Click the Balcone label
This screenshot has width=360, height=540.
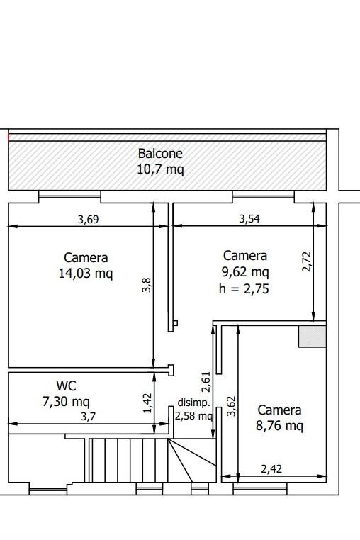[x=160, y=154]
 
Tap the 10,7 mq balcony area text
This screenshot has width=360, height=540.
[x=160, y=169]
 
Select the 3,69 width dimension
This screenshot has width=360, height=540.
[x=88, y=220]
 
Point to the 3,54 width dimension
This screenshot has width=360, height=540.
[x=249, y=219]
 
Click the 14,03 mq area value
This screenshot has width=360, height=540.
[x=86, y=274]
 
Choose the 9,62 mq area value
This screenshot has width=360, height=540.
[x=245, y=271]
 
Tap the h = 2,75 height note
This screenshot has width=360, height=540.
[x=244, y=288]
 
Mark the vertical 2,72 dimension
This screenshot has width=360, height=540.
[x=306, y=261]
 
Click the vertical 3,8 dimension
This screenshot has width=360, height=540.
[x=147, y=285]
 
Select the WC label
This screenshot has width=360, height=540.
[x=66, y=386]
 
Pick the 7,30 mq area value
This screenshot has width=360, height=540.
[x=66, y=402]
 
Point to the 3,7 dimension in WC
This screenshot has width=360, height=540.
[x=88, y=417]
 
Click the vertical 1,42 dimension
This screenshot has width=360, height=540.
[x=147, y=403]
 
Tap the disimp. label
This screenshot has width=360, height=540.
[x=193, y=403]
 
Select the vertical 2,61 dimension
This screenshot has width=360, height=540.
[x=206, y=381]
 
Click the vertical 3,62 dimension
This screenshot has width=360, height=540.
[x=231, y=406]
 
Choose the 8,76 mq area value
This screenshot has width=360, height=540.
[x=279, y=426]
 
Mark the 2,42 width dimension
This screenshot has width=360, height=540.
[x=271, y=468]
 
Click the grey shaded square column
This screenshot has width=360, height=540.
[x=312, y=337]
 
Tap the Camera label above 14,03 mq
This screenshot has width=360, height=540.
[x=86, y=258]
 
